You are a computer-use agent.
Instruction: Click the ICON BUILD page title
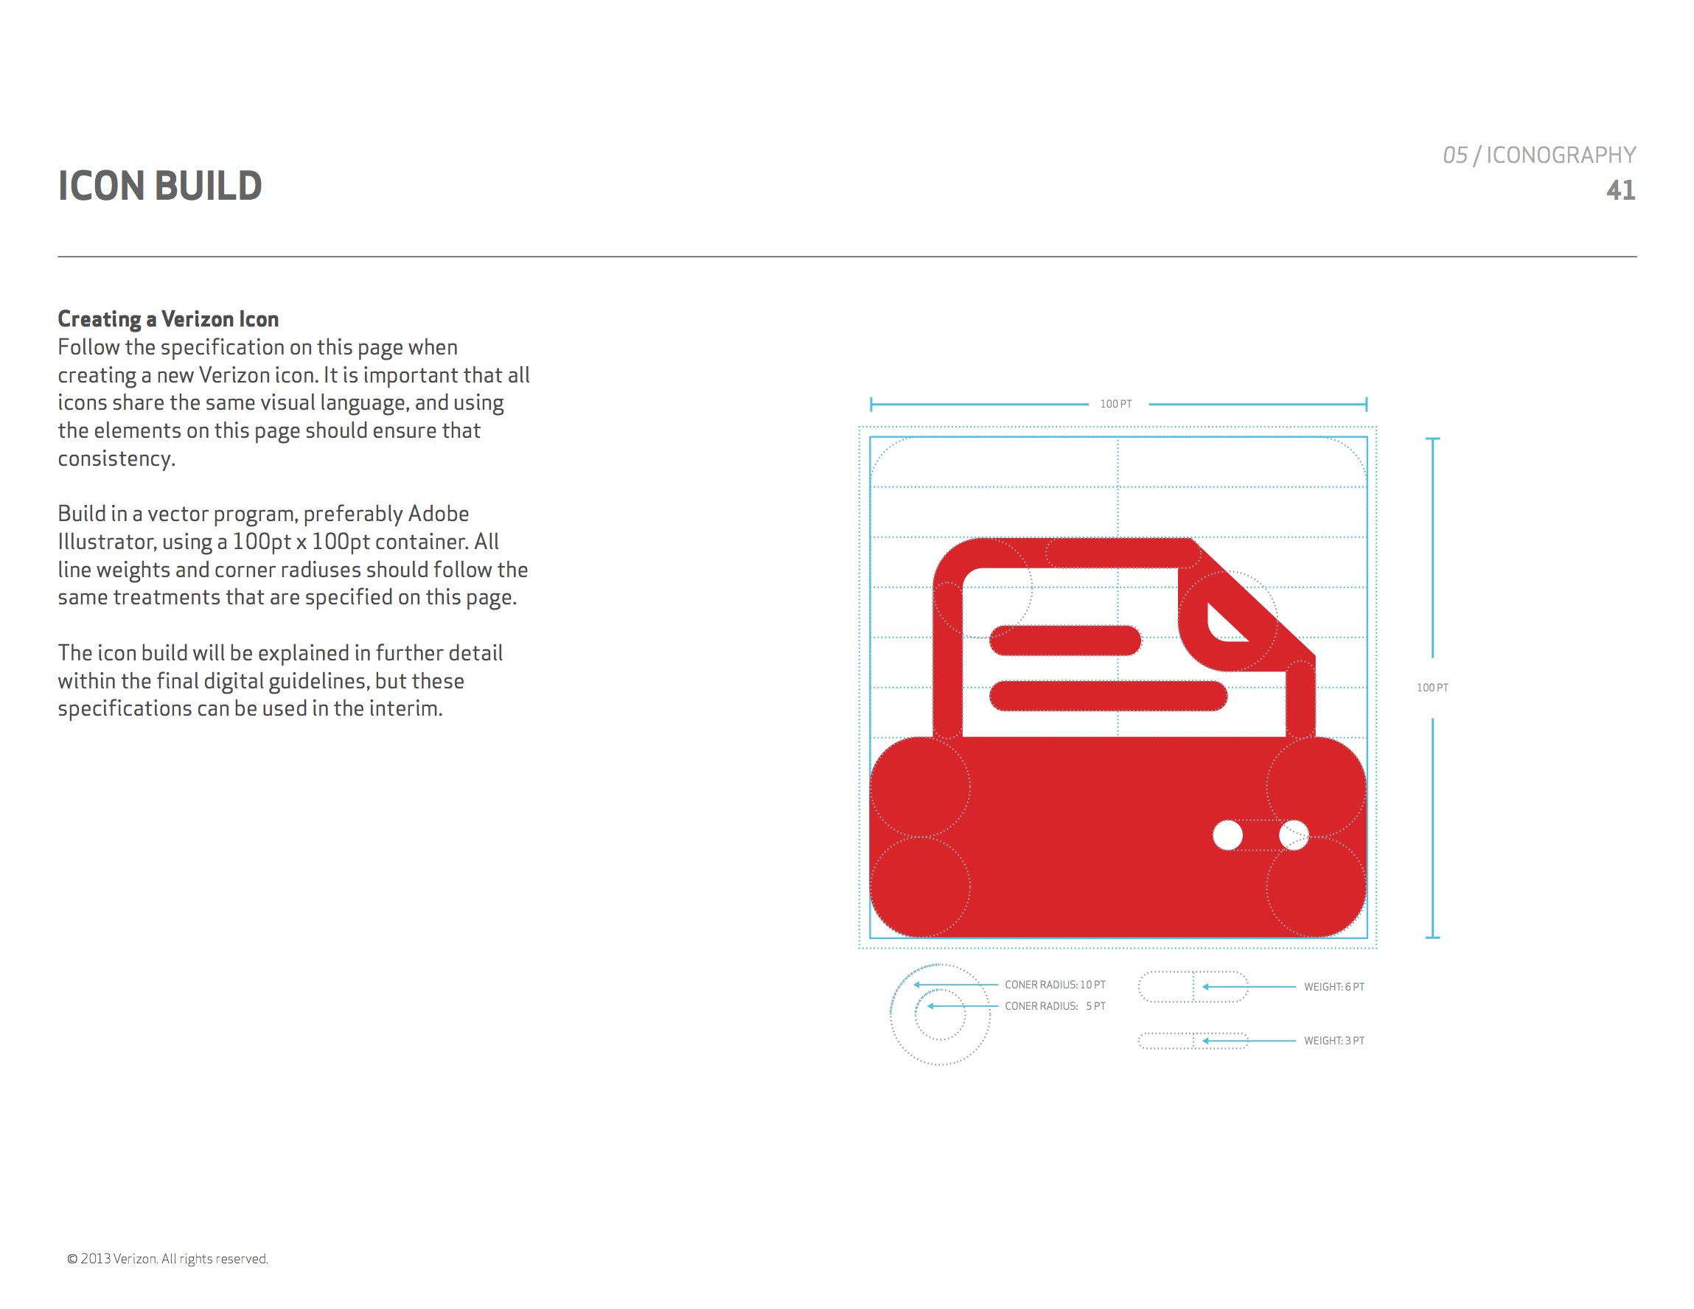[160, 186]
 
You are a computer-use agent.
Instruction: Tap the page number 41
[1620, 190]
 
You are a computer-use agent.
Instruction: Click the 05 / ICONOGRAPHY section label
[1539, 155]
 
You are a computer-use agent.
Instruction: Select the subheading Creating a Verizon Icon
[168, 318]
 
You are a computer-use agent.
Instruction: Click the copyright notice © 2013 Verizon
[167, 1259]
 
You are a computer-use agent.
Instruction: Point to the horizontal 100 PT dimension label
[1116, 404]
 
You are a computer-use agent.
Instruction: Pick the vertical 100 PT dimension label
[1432, 688]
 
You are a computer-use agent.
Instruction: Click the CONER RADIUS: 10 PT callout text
[1055, 985]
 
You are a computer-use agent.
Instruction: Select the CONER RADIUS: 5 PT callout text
[1055, 1006]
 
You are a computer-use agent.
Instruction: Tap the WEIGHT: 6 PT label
[1334, 987]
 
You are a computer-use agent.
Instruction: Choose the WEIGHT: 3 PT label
[1334, 1041]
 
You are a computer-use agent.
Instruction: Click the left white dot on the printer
[1227, 835]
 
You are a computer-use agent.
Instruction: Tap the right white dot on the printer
[1294, 835]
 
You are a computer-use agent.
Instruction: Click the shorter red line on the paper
[1065, 640]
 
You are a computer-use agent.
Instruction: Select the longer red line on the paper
[1109, 696]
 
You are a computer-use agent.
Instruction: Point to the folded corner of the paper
[1225, 624]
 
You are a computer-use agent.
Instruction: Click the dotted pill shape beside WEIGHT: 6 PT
[1193, 987]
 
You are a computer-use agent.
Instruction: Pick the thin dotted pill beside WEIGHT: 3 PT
[1193, 1041]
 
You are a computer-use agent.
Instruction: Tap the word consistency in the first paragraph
[116, 459]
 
